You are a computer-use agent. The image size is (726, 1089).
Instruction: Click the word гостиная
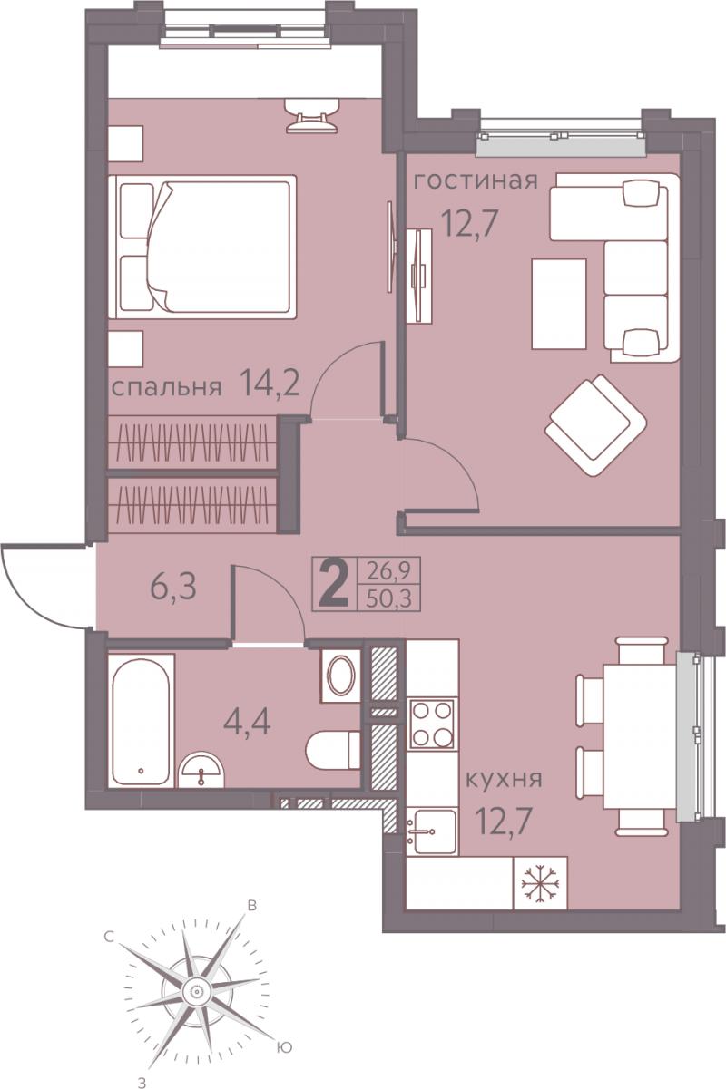pyautogui.click(x=476, y=181)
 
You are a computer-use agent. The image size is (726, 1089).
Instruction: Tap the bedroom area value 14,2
pyautogui.click(x=269, y=382)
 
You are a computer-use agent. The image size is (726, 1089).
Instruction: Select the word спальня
pyautogui.click(x=166, y=388)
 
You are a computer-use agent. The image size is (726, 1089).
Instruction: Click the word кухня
pyautogui.click(x=504, y=779)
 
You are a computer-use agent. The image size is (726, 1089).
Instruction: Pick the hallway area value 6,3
pyautogui.click(x=173, y=587)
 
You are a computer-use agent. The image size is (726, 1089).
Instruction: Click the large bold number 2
pyautogui.click(x=333, y=583)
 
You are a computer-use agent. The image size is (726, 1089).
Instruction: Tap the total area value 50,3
pyautogui.click(x=388, y=598)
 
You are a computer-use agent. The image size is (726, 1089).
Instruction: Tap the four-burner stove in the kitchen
pyautogui.click(x=432, y=724)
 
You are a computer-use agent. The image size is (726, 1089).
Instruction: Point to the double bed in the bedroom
pyautogui.click(x=202, y=247)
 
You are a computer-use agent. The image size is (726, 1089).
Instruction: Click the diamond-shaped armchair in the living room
pyautogui.click(x=595, y=425)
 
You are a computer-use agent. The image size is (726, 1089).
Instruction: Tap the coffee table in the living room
pyautogui.click(x=559, y=304)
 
